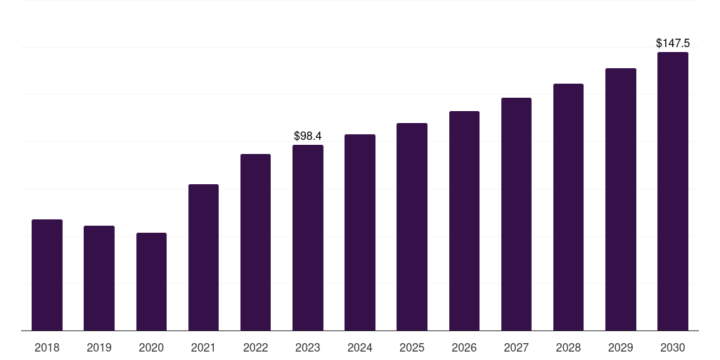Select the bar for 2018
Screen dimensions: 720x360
47,275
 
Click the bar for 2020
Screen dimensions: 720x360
152,281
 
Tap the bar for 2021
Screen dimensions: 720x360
203,257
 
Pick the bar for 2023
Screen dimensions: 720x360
308,238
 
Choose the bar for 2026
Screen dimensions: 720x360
464,221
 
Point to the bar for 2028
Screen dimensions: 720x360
568,207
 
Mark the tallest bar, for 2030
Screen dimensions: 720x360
673,191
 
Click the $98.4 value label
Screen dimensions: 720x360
308,136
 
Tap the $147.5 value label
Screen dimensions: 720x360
673,43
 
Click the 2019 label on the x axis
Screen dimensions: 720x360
99,347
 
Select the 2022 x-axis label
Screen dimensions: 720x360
255,347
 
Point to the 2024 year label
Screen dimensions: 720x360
359,347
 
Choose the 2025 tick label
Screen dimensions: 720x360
412,347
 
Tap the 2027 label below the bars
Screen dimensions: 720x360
516,347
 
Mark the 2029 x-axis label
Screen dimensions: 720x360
620,347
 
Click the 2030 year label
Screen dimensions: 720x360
673,347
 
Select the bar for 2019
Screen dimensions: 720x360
99,278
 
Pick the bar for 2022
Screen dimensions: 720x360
255,243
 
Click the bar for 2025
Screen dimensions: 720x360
412,227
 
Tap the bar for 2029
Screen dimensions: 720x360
621,199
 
